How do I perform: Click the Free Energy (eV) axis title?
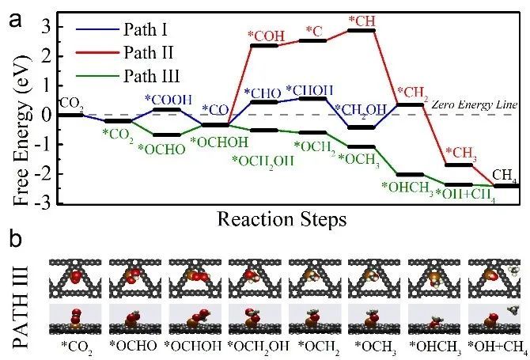(x=15, y=115)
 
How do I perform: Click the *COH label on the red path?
(x=264, y=36)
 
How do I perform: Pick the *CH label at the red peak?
(x=362, y=21)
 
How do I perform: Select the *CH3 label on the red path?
(x=460, y=153)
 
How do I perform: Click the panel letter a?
(x=15, y=19)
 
